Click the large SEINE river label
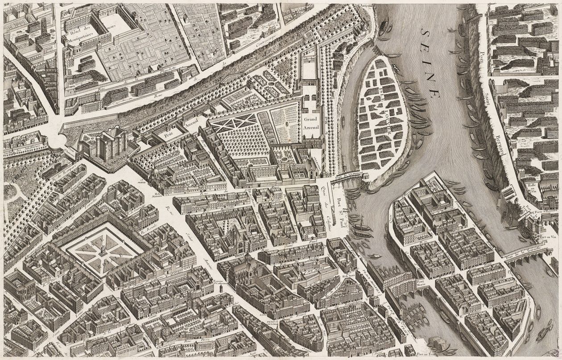pos(430,60)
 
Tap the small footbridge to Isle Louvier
pos(347,178)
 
